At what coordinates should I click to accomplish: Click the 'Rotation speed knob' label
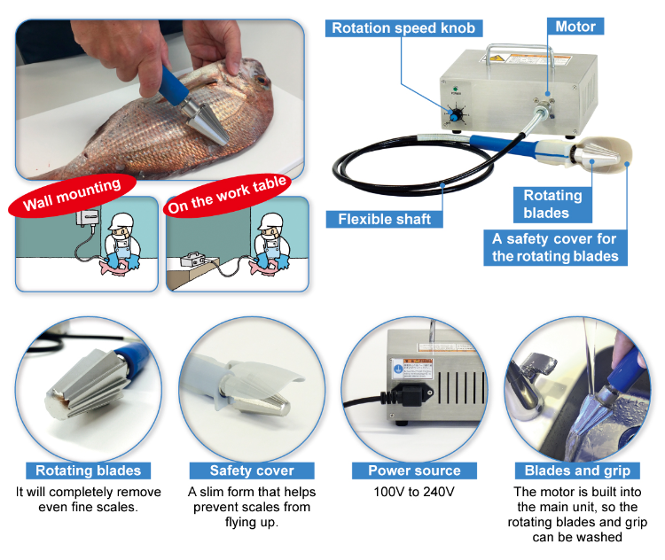(403, 28)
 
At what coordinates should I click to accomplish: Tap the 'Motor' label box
(575, 27)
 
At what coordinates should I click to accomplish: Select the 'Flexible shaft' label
(384, 219)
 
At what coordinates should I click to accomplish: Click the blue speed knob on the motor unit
(456, 115)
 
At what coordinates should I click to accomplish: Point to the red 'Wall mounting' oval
(72, 196)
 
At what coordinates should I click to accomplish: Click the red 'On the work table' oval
(227, 196)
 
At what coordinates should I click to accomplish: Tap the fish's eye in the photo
(262, 80)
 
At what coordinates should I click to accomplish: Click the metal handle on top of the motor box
(520, 54)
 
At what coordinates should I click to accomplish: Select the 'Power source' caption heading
(414, 471)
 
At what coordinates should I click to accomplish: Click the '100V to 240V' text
(414, 492)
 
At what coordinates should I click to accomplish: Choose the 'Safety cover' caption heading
(252, 471)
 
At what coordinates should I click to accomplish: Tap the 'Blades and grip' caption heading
(577, 471)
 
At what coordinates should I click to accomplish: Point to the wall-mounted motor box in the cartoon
(88, 218)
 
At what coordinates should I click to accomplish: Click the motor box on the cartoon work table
(193, 259)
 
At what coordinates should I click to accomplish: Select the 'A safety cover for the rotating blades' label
(555, 247)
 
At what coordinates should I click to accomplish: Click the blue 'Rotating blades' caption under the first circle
(88, 471)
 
